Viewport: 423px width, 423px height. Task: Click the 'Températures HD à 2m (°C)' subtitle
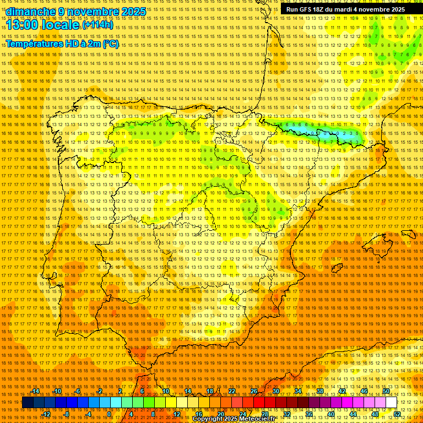(x=62, y=44)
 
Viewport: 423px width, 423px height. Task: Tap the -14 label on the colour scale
(x=36, y=391)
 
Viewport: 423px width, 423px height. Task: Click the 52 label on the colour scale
(x=397, y=414)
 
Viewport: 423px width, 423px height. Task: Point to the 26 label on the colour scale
(x=254, y=391)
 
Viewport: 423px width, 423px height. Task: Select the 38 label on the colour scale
(x=319, y=391)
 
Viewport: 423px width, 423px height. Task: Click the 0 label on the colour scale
(x=109, y=414)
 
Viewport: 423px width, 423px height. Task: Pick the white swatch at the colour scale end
(x=391, y=403)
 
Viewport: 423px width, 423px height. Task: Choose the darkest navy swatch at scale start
(x=28, y=403)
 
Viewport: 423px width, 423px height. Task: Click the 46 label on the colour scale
(x=364, y=391)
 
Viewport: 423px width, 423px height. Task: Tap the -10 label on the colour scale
(x=57, y=391)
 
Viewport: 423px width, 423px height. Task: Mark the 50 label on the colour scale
(x=386, y=391)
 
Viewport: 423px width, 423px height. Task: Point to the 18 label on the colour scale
(x=210, y=391)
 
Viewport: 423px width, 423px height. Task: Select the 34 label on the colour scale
(x=298, y=391)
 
